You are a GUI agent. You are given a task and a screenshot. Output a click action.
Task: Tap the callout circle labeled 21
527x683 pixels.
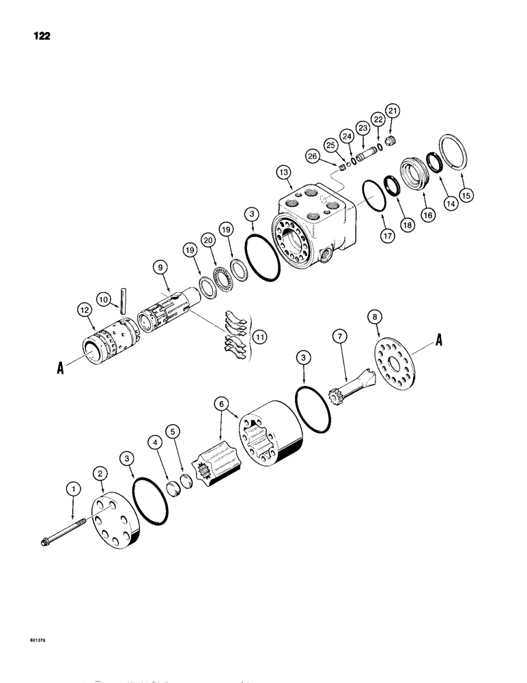click(x=393, y=110)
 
